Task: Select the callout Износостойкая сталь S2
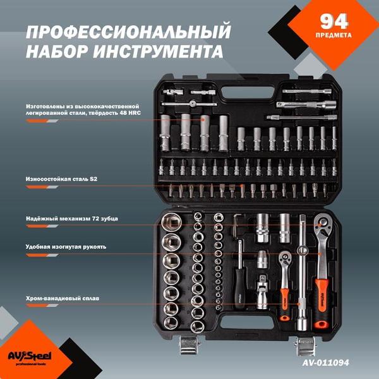(61, 179)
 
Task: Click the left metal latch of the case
(189, 346)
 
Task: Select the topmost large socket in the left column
(171, 222)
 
